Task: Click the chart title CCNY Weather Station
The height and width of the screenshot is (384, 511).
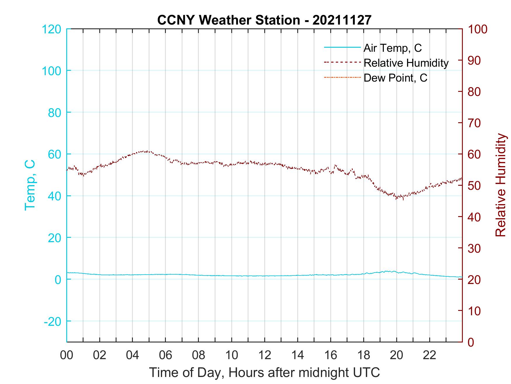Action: (x=264, y=20)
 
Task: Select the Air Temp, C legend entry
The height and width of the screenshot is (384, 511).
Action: (x=392, y=48)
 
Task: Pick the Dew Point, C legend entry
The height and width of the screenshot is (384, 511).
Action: (x=395, y=78)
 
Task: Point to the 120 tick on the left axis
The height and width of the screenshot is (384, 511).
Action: (x=51, y=29)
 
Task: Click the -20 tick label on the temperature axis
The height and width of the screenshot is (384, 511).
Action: (x=53, y=321)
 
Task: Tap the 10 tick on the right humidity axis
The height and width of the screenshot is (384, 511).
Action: (x=474, y=311)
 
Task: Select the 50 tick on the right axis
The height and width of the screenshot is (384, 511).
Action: (x=474, y=186)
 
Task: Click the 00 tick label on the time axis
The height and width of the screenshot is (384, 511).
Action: (x=67, y=356)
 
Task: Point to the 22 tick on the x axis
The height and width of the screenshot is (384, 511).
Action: (x=430, y=356)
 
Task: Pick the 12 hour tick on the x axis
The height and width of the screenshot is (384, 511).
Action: (x=265, y=356)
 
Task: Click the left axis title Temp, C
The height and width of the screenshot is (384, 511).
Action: (x=30, y=185)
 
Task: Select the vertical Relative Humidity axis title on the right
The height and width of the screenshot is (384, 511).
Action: (x=500, y=185)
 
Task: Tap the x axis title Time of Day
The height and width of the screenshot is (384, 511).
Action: (x=265, y=373)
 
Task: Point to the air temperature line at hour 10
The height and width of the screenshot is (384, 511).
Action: (x=232, y=276)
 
